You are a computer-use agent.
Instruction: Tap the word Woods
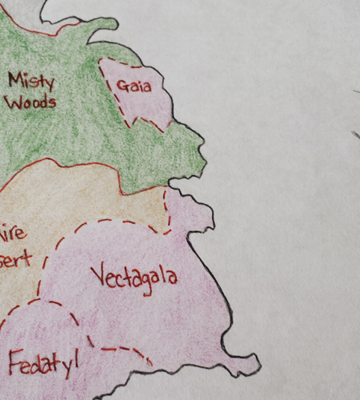30,102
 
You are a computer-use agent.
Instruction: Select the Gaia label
134,85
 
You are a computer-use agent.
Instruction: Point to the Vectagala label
134,277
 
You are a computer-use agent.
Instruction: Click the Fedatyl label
44,363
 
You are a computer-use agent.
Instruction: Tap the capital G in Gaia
122,85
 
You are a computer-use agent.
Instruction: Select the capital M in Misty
16,79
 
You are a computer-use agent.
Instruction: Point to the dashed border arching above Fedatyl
48,304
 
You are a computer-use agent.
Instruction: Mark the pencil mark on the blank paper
355,134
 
